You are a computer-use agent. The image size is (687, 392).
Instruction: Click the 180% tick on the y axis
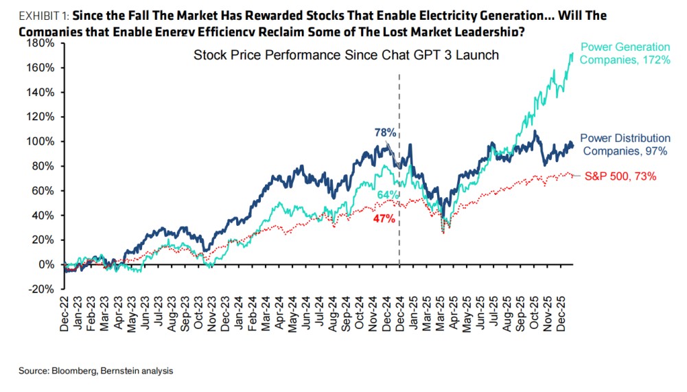(x=40, y=43)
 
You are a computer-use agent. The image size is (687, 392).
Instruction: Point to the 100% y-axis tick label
(x=40, y=141)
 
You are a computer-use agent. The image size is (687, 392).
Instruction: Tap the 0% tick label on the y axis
(x=45, y=264)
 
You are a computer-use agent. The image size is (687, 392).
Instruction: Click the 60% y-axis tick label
(x=43, y=191)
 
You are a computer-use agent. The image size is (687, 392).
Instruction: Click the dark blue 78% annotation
(x=384, y=132)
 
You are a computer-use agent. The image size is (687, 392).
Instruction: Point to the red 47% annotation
(x=384, y=219)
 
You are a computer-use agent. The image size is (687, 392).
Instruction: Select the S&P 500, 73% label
(x=620, y=176)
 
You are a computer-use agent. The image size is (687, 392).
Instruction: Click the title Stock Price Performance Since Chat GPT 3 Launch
(x=346, y=55)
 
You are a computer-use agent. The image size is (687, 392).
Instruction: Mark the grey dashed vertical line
(x=399, y=172)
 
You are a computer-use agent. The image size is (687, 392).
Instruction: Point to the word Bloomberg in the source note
(x=73, y=371)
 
